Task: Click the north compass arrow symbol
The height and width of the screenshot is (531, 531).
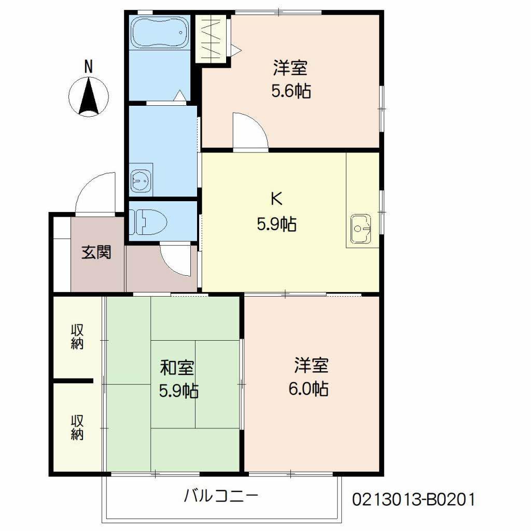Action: coord(89,95)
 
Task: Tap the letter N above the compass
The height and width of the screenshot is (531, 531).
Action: coord(89,66)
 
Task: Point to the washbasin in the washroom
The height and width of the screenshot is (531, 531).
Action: coord(141,181)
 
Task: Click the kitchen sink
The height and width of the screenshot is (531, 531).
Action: coord(361,228)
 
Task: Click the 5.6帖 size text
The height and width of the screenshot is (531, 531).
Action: coord(291,91)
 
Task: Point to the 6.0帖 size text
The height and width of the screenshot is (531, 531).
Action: coord(308,388)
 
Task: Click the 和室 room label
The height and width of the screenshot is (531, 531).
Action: coord(177,368)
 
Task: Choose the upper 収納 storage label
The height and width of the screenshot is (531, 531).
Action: coord(78,337)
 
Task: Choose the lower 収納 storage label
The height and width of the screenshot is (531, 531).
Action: coord(78,427)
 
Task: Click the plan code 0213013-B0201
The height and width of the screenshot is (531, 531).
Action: coord(413,499)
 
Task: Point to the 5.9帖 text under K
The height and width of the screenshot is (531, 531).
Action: coord(276,224)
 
